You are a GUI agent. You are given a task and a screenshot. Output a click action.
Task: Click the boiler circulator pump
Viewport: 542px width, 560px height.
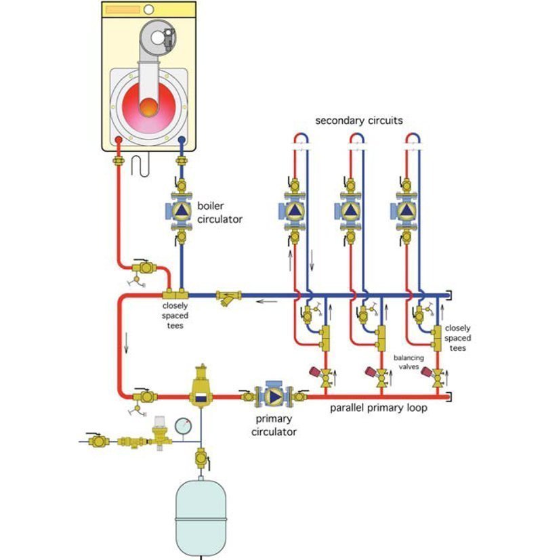point(181,211)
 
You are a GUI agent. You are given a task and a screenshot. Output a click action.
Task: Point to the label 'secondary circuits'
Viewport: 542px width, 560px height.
point(359,121)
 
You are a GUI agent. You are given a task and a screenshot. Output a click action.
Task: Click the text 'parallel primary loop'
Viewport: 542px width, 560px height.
point(379,408)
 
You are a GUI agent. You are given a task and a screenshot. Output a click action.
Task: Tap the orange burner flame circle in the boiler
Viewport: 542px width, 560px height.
point(148,106)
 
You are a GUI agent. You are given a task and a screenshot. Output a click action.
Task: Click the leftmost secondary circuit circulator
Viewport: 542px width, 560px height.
point(295,211)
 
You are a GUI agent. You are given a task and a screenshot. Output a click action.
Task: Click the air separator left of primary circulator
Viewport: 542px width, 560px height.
point(200,388)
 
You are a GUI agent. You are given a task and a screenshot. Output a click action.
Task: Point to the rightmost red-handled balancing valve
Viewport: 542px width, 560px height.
point(437,376)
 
